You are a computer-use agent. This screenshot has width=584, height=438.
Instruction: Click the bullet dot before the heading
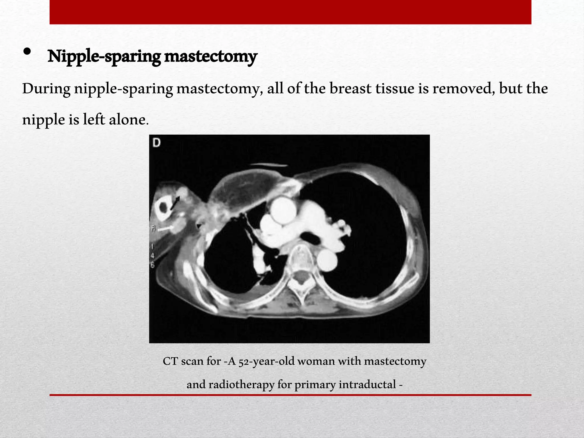(27, 52)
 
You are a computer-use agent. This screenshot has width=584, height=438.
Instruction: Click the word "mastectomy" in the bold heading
(210, 56)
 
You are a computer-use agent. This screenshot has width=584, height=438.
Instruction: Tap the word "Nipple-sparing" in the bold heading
(104, 56)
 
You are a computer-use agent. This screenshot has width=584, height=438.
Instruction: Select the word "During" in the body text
(46, 89)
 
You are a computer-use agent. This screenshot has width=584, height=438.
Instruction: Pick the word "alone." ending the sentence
(129, 119)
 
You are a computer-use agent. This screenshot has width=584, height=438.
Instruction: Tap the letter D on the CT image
(157, 143)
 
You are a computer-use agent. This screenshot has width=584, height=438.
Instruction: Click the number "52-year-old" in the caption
(266, 361)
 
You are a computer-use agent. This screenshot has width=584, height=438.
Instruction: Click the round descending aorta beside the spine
(327, 261)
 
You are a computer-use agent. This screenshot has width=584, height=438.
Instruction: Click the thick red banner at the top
(290, 12)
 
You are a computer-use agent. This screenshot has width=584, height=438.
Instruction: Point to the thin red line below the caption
(290, 395)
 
